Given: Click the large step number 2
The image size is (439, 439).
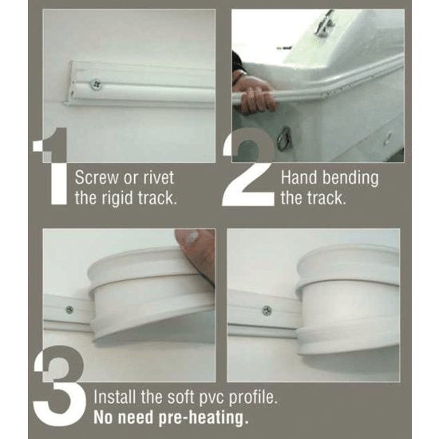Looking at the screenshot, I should click(247, 172).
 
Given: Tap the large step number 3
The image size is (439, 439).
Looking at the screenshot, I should click(60, 383).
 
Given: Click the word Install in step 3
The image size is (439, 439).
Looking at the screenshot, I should click(115, 397).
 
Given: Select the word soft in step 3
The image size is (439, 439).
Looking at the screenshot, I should click(177, 397).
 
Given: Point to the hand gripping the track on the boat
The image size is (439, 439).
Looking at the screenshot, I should click(256, 97).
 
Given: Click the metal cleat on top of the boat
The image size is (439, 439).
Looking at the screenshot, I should click(323, 24).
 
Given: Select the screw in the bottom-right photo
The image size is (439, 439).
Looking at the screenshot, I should click(267, 310).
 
